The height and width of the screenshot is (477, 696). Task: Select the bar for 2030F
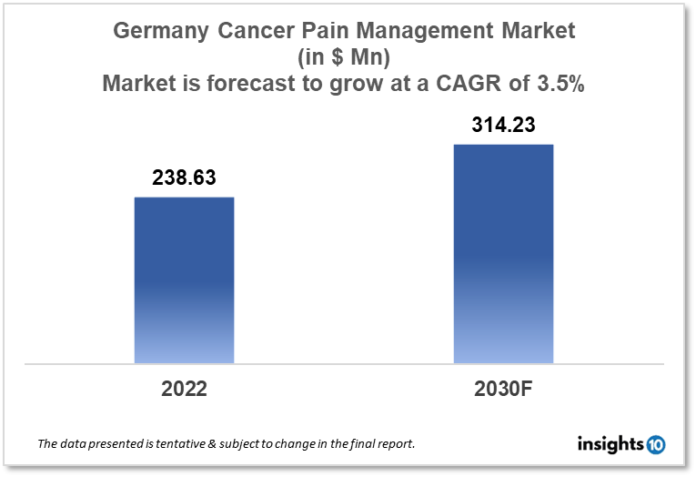coord(503,254)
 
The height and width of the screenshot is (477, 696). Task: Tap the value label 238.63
coord(184,178)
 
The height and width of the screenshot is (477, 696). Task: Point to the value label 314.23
coord(503,126)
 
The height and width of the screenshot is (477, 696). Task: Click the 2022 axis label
coord(184,389)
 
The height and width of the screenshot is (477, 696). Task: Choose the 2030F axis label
coord(503,389)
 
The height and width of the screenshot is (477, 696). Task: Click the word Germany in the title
coord(161,31)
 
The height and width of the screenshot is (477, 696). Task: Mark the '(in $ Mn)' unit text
coord(347,57)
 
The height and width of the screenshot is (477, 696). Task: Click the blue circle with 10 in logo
coord(656,444)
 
